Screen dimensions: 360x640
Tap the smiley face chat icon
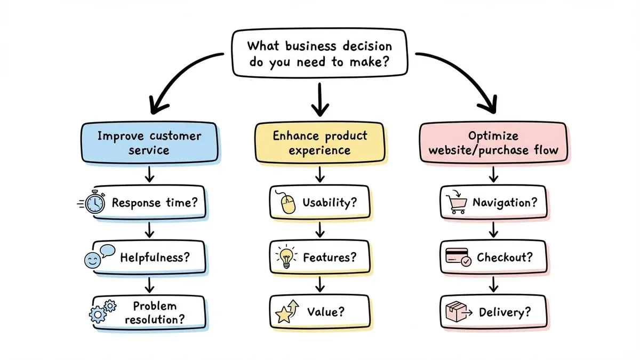click(96, 257)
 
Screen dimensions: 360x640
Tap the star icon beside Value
click(285, 312)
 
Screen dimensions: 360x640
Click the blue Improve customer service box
click(149, 143)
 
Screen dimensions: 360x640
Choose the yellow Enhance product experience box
click(319, 142)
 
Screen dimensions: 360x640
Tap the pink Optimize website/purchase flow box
click(493, 142)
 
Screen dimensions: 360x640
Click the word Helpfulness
click(155, 257)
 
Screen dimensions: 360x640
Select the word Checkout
click(504, 258)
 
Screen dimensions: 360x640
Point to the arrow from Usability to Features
click(319, 230)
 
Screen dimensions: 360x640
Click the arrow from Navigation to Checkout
click(493, 230)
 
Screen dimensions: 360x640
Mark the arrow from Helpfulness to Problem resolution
click(150, 284)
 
